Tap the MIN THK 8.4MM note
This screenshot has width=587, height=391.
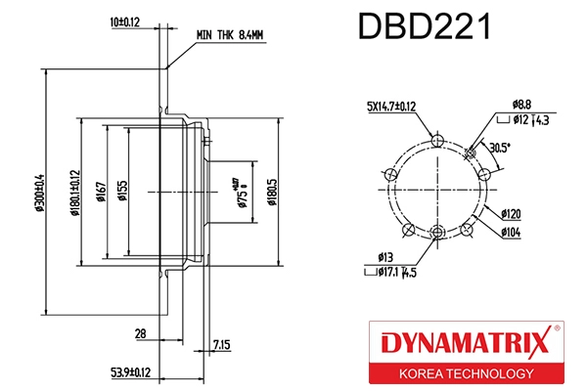point(230,34)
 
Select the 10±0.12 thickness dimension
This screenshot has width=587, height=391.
point(125,21)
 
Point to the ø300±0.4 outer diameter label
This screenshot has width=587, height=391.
point(40,193)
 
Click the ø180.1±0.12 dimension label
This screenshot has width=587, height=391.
point(74,193)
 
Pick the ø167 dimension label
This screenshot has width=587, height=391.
point(101,193)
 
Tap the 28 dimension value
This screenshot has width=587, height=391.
point(140,333)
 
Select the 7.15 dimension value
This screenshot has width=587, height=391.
point(222,345)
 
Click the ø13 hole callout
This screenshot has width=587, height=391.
point(384,259)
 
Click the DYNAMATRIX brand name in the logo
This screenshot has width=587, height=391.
point(462,343)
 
